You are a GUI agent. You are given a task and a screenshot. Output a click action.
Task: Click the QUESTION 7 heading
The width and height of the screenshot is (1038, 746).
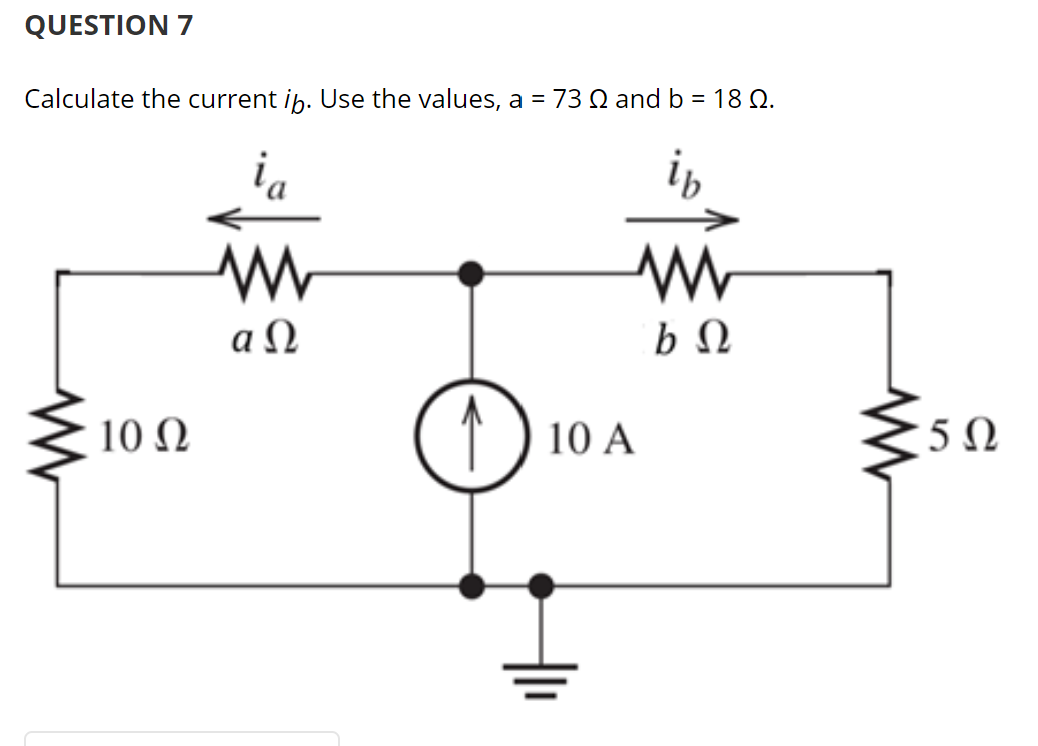108,26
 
